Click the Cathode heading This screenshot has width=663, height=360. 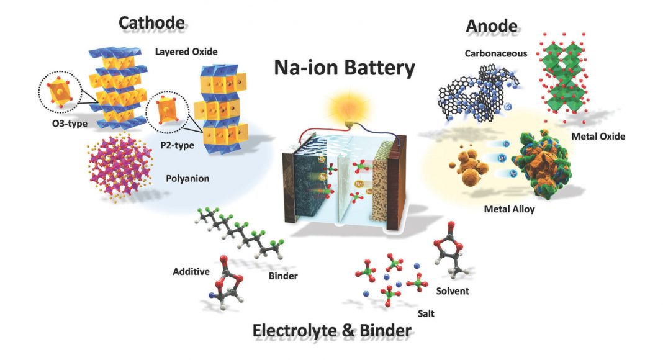(x=152, y=24)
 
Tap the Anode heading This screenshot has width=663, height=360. (x=491, y=25)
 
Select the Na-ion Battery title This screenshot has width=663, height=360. (x=345, y=67)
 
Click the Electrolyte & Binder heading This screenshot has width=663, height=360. (x=331, y=331)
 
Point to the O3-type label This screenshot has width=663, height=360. (x=69, y=124)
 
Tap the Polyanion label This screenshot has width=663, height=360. (x=187, y=178)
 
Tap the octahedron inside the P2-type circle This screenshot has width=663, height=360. (x=170, y=115)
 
